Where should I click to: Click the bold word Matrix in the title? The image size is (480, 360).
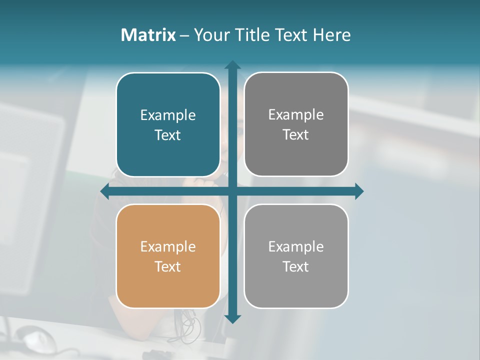148,35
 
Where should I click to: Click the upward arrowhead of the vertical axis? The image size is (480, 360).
232,65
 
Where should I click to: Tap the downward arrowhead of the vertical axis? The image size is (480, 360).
232,318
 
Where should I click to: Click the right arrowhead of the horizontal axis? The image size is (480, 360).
359,191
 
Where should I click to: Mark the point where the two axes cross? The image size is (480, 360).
232,191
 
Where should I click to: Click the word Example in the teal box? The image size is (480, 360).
168,115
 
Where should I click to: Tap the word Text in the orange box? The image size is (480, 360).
168,266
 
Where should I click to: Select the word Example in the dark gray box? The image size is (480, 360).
296,115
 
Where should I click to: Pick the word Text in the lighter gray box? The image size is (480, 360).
296,266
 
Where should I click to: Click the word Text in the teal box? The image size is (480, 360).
168,135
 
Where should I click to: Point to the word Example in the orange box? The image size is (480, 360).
168,246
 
